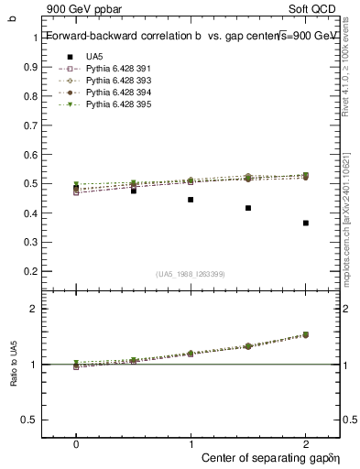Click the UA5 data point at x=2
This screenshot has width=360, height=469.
[305, 223]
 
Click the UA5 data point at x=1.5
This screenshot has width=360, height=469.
[248, 208]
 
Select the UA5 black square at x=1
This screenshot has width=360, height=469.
[191, 199]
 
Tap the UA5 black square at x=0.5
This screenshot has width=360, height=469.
[134, 191]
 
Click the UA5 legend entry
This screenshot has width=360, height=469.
[93, 57]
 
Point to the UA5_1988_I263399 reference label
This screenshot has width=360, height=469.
[191, 274]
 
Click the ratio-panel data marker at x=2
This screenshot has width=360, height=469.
[305, 335]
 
